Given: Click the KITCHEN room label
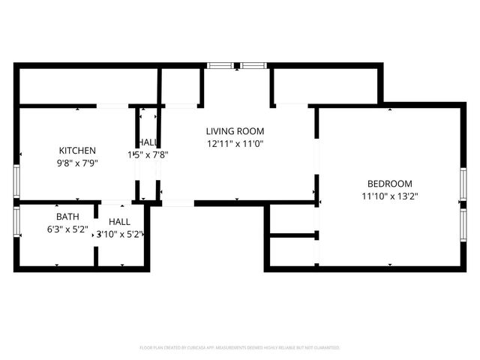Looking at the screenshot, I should point(77,150).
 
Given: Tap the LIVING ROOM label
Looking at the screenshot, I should point(235,131).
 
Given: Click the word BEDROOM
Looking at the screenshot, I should point(389,184).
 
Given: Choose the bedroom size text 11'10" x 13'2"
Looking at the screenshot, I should point(389,196).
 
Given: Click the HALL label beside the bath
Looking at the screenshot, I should point(119,222).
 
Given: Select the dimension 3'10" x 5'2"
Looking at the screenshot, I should point(118,234).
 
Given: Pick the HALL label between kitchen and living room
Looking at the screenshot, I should point(148,143).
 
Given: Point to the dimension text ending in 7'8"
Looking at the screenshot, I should point(150,155).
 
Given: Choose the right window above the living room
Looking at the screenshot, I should point(253,66).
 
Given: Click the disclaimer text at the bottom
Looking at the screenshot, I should point(240,348).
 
